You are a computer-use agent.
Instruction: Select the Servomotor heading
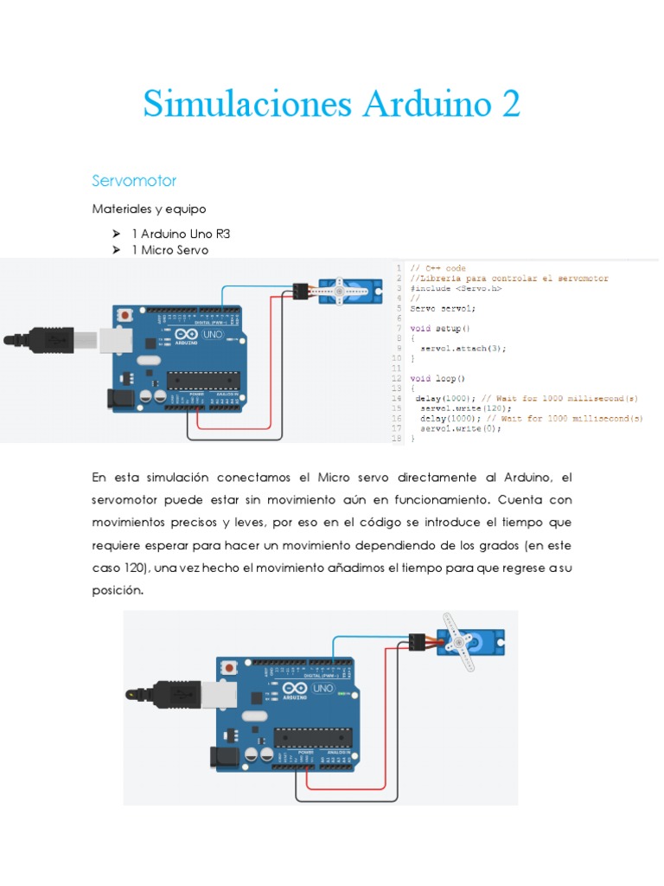[134, 181]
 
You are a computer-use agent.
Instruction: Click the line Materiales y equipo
[149, 209]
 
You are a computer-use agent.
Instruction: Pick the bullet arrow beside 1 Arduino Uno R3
[115, 234]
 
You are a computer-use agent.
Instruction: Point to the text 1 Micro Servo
[170, 250]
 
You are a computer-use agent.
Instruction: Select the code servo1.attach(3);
[463, 348]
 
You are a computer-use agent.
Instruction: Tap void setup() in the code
[440, 329]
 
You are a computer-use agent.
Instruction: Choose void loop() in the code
[437, 378]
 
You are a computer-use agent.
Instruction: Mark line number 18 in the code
[398, 439]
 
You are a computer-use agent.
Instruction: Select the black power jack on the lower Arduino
[222, 758]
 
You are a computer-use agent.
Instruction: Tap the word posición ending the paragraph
[117, 590]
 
